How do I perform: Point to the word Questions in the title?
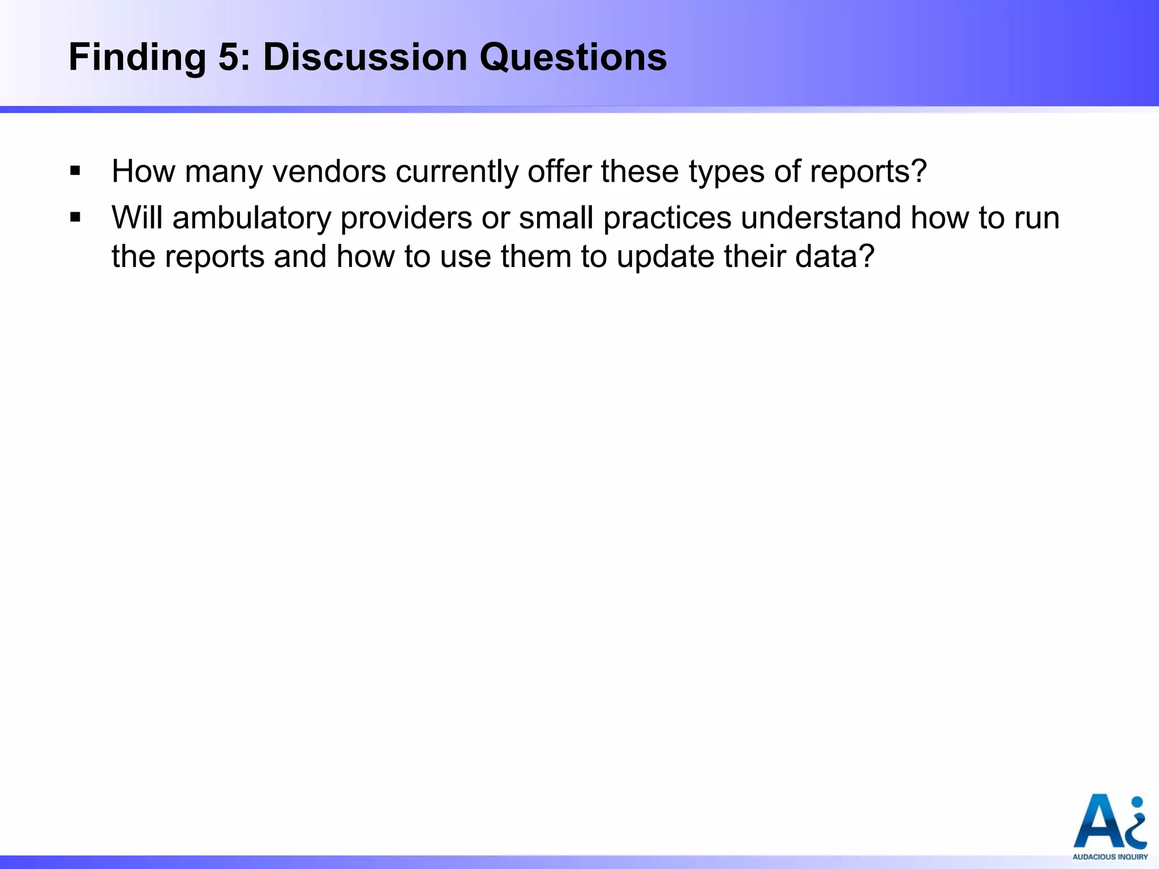(573, 58)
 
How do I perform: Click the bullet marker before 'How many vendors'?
(75, 170)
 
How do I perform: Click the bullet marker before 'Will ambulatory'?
(75, 217)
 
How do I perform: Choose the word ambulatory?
(252, 218)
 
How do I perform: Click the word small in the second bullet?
(556, 218)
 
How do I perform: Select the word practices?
(667, 218)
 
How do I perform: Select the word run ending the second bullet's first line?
(1037, 218)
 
